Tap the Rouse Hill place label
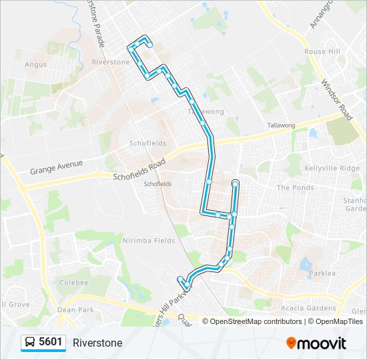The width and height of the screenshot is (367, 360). [324, 51]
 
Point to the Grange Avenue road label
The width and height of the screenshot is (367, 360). [56, 167]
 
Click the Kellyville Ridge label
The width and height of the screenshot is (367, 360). [332, 168]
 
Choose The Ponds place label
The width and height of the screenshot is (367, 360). [295, 187]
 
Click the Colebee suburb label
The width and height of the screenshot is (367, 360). [74, 283]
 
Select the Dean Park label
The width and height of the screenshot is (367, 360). [76, 309]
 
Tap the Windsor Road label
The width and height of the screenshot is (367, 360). [336, 100]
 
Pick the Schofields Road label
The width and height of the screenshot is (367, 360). [139, 170]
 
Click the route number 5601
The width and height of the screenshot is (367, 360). [51, 342]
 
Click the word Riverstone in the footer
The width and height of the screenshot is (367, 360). [97, 343]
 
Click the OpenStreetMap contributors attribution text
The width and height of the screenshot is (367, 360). [256, 321]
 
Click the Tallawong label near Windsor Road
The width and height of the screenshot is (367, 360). [281, 125]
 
